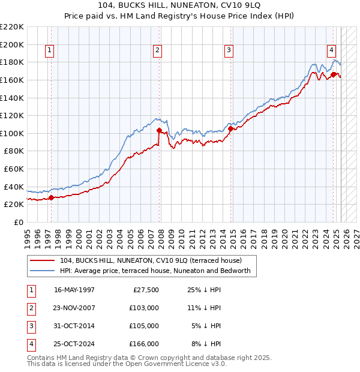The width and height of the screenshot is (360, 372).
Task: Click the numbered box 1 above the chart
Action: click(49, 51)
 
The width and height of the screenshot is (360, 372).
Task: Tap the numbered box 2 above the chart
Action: click(157, 51)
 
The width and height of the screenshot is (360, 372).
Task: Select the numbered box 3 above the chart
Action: click(229, 51)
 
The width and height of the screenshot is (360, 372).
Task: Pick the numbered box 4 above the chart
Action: click(331, 51)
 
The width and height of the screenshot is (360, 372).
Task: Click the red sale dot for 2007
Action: click(159, 130)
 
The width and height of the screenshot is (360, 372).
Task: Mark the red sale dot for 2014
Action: click(230, 128)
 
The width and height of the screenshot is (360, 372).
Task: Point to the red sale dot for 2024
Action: click(334, 74)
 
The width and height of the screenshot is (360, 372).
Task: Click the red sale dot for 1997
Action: click(51, 197)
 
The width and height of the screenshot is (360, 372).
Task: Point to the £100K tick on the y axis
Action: click(13, 133)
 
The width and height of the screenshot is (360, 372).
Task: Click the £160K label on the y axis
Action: click(13, 80)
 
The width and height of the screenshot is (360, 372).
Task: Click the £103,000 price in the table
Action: click(144, 308)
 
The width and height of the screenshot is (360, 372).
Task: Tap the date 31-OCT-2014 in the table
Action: click(74, 326)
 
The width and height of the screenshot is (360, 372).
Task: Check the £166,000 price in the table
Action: click(144, 344)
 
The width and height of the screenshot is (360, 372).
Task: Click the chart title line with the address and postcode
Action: click(180, 7)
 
